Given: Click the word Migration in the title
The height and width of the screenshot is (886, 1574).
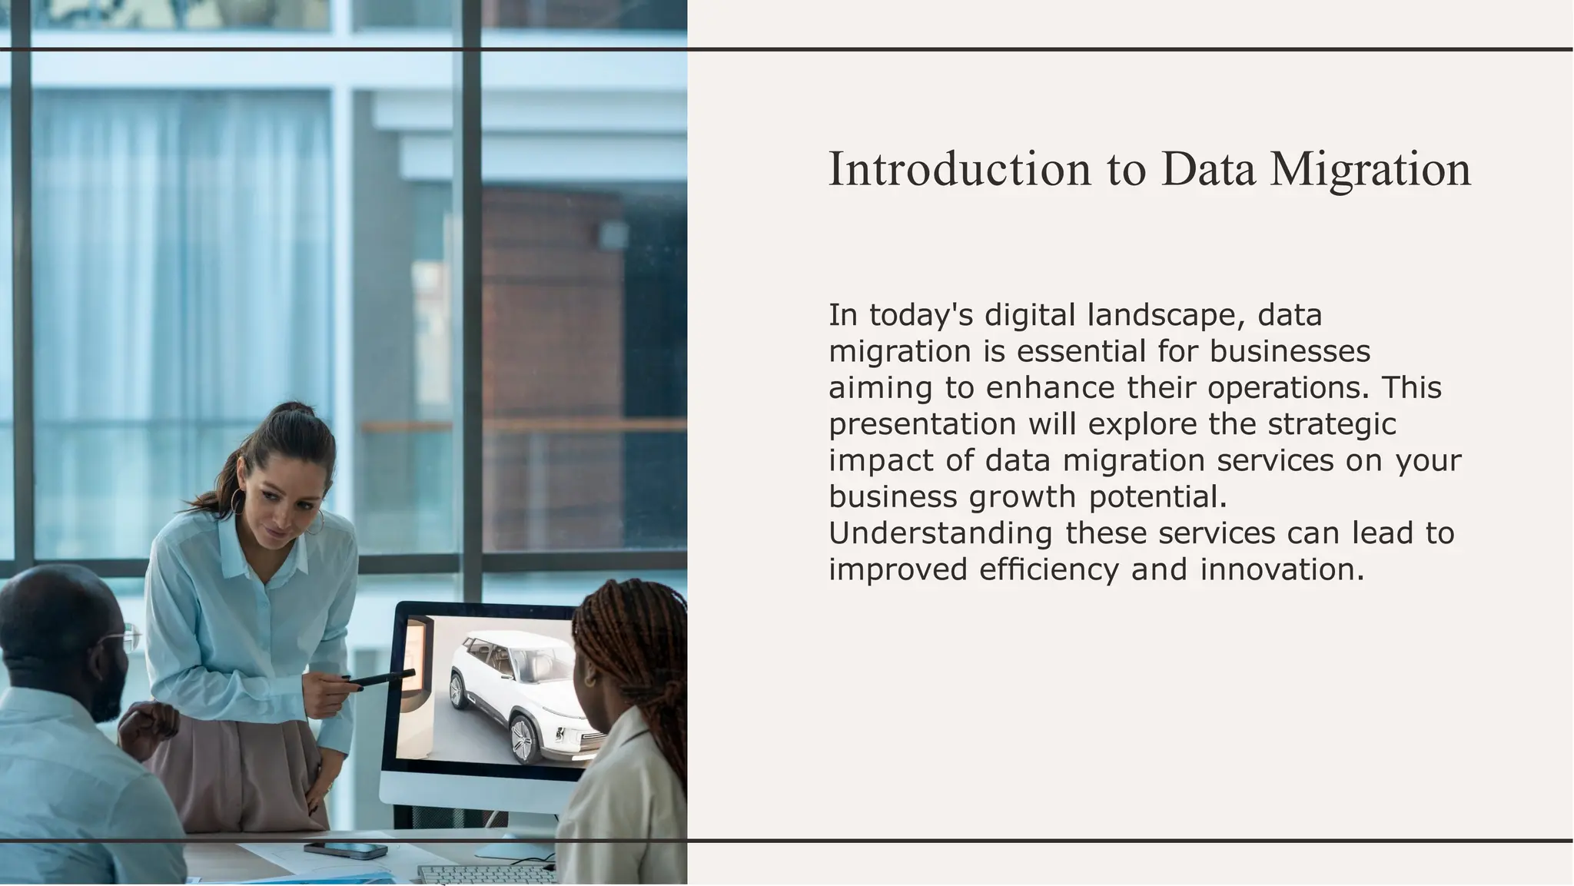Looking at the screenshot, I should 1370,171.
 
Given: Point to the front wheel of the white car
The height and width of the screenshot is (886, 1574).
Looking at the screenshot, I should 524,738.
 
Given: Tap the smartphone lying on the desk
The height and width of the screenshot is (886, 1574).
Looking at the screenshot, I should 345,850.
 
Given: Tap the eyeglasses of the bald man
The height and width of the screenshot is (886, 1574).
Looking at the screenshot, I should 128,637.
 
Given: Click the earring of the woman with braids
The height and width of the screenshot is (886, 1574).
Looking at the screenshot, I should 589,679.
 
